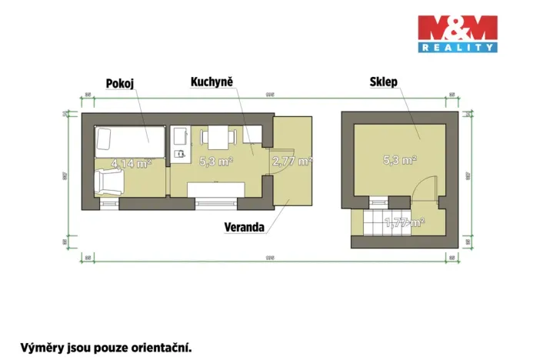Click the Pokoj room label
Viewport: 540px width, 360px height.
tap(119, 84)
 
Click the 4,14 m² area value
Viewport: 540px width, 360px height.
tap(131, 164)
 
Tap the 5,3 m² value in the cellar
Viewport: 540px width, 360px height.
tap(400, 161)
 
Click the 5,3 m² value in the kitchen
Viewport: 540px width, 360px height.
tap(216, 162)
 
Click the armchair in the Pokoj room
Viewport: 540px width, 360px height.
tap(108, 184)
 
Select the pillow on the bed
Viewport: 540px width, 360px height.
tap(105, 139)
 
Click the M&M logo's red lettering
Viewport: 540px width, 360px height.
tap(457, 29)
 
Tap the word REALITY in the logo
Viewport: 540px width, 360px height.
tap(457, 48)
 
